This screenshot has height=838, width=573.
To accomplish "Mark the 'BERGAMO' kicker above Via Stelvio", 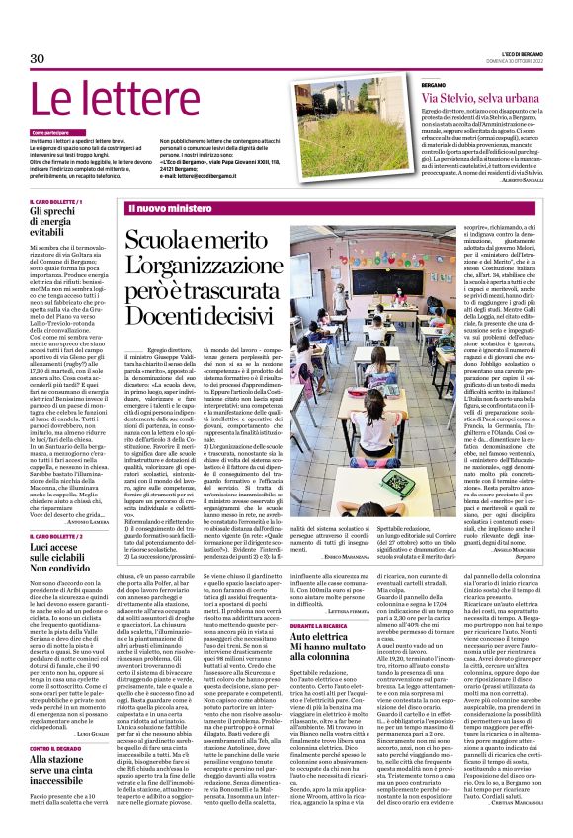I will (434, 87).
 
